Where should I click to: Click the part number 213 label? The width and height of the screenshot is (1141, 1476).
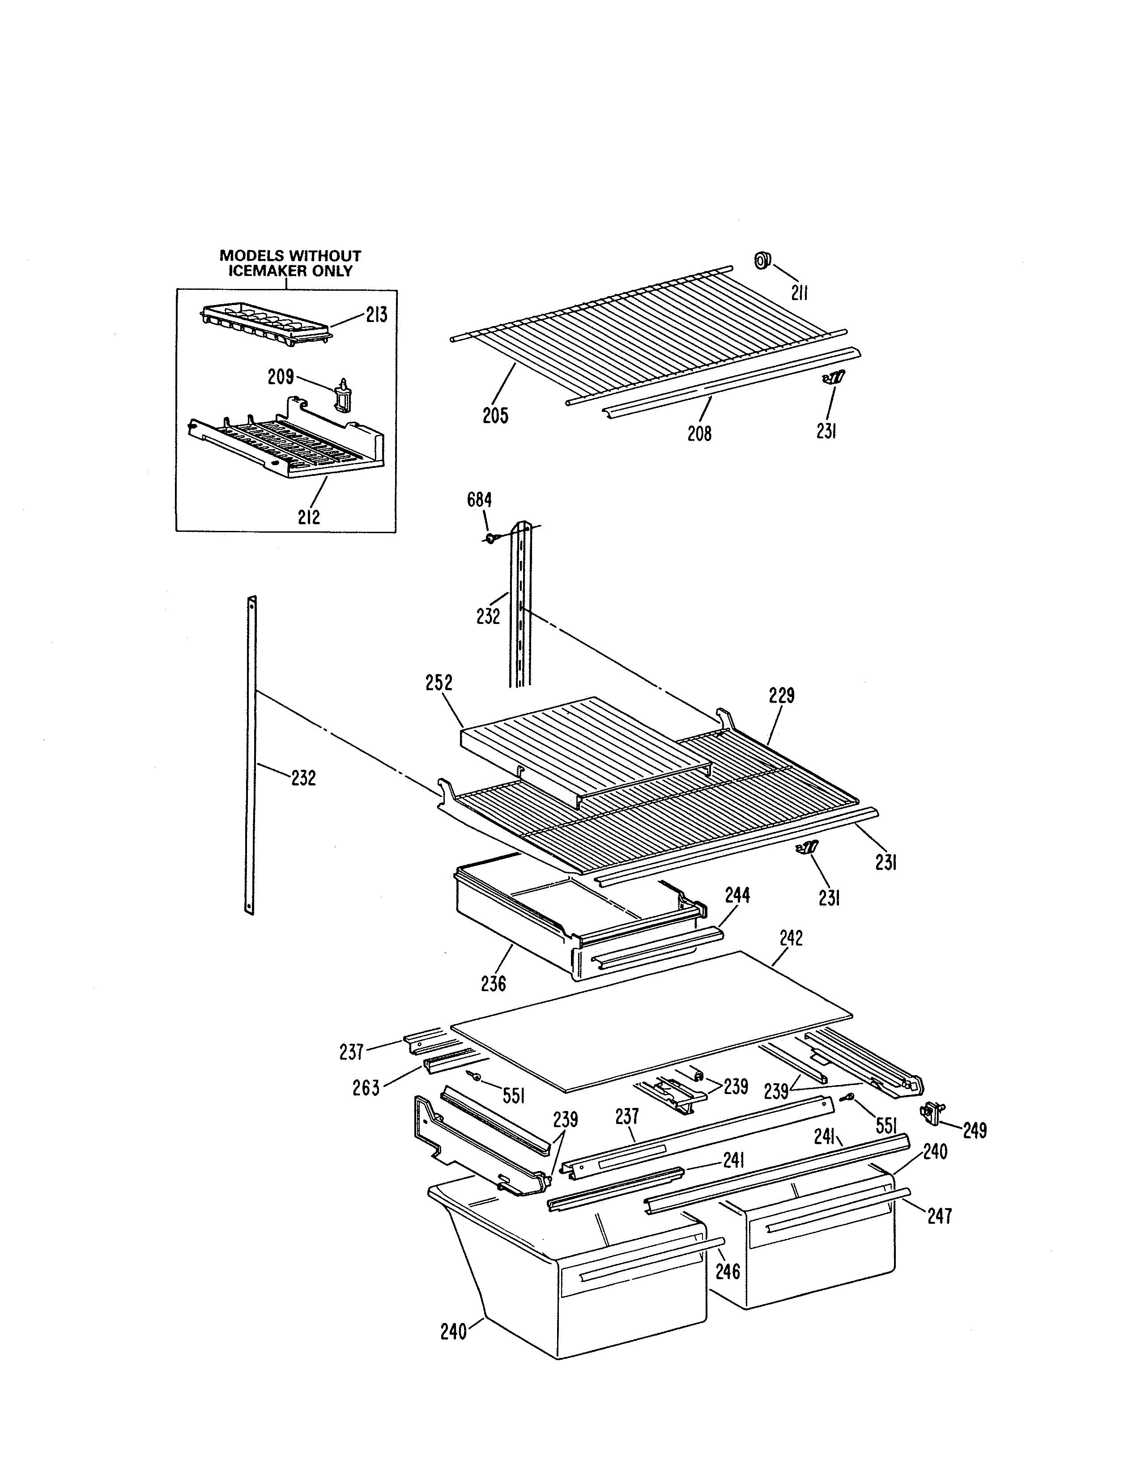pyautogui.click(x=376, y=315)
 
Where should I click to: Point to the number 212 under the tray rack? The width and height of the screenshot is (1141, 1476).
pyautogui.click(x=309, y=517)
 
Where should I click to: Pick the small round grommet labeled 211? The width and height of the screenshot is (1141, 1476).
pyautogui.click(x=762, y=259)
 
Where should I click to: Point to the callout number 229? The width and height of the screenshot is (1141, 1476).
pyautogui.click(x=781, y=696)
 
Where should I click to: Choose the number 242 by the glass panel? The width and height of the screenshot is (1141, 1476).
pyautogui.click(x=791, y=938)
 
